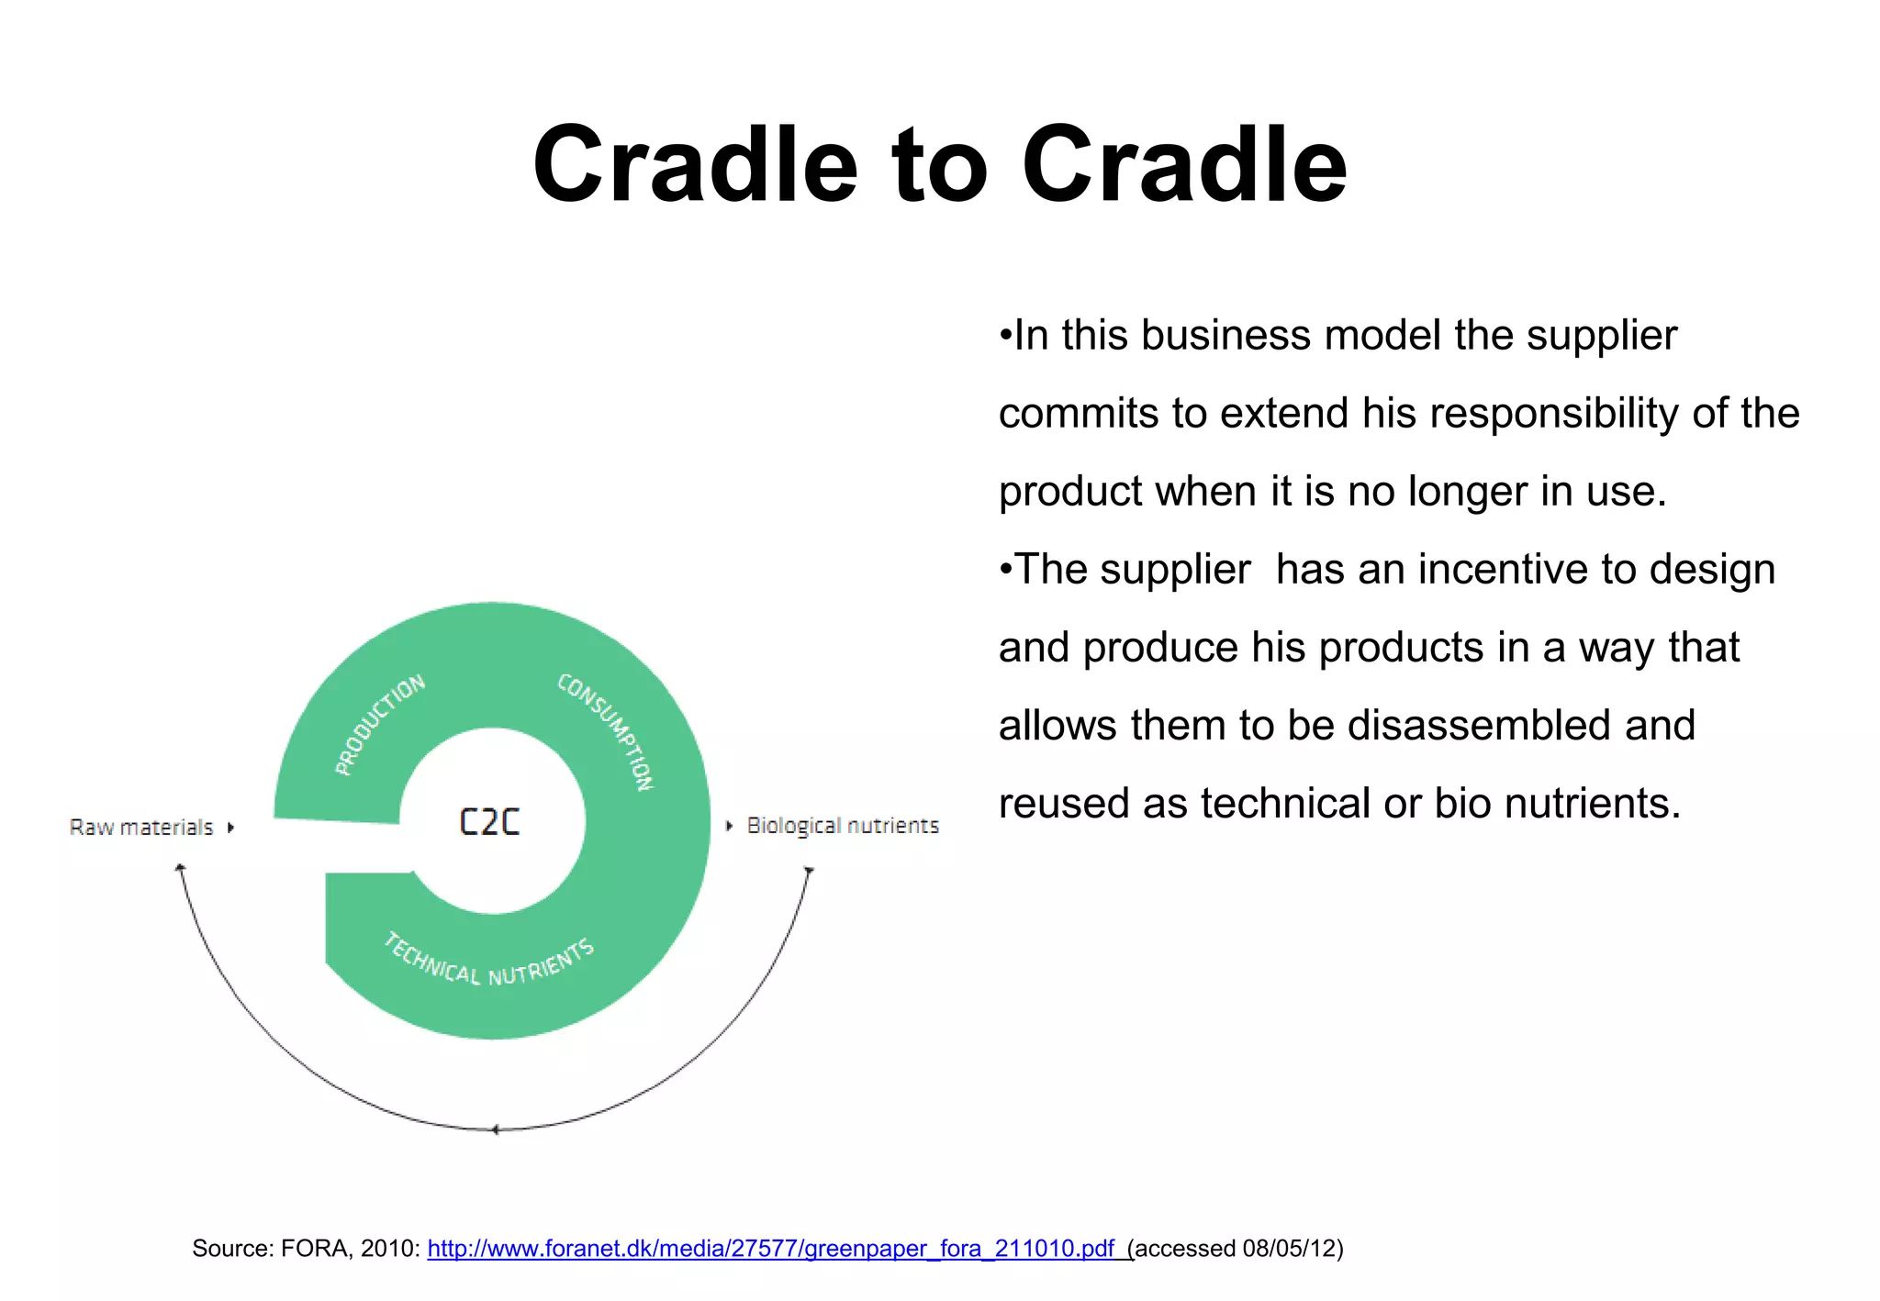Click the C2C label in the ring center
coord(489,821)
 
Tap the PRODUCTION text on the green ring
coord(379,725)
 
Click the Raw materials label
coord(140,828)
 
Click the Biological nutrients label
coord(843,826)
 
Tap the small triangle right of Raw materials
coord(230,828)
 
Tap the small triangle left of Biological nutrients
coord(729,826)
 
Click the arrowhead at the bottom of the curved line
coord(495,1129)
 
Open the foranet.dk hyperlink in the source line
coord(771,1249)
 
